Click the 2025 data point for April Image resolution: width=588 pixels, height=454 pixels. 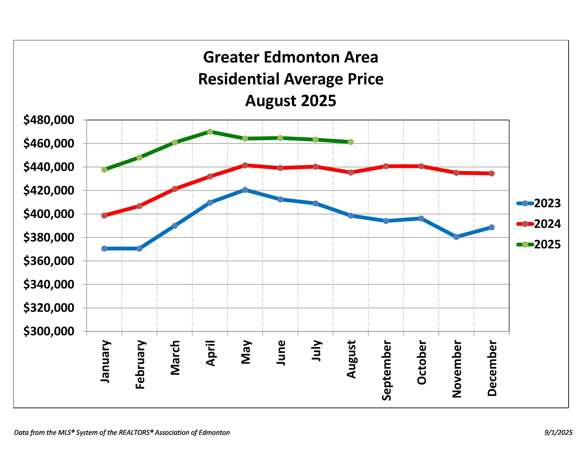pos(210,132)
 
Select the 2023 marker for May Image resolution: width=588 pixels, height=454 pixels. pos(245,190)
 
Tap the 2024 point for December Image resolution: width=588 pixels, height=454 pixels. pos(492,173)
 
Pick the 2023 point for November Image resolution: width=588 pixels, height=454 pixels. pos(456,237)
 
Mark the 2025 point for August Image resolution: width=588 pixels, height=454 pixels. pos(351,142)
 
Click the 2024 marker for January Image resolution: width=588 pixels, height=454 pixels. pos(104,215)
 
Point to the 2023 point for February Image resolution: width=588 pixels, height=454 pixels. pos(139,249)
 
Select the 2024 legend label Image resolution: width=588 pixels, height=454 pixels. pos(547,224)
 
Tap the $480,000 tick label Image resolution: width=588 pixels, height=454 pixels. pos(49,120)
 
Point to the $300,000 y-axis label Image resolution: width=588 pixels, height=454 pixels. pos(49,331)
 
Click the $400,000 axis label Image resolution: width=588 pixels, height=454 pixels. pos(49,214)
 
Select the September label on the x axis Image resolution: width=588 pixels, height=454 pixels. pos(386,370)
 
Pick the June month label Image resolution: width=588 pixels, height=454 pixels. pos(281,353)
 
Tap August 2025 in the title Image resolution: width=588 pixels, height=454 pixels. pos(290,101)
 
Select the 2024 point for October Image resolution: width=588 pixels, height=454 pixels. pos(421,166)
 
